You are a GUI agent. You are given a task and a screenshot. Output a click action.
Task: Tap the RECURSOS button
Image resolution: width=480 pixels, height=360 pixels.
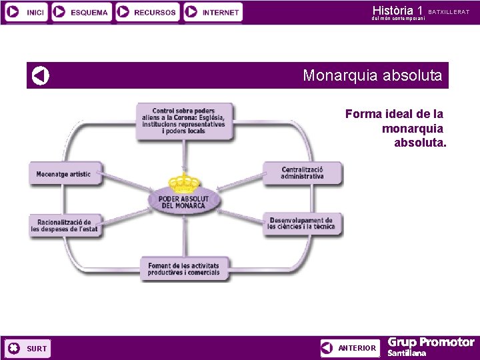[147, 12]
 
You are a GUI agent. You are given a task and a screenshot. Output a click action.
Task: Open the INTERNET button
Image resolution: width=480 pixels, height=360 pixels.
[213, 12]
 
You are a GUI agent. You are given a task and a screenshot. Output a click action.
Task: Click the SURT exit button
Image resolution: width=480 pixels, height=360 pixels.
[27, 348]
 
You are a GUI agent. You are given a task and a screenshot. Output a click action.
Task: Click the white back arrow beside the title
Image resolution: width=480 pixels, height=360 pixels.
[41, 76]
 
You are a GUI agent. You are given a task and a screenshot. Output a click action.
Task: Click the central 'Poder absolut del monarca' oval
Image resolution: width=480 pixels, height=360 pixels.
[183, 201]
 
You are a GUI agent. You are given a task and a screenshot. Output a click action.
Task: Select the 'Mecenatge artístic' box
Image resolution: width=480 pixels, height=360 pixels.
[64, 175]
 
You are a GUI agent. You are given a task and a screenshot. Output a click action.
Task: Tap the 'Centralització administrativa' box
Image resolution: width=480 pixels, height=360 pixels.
[302, 173]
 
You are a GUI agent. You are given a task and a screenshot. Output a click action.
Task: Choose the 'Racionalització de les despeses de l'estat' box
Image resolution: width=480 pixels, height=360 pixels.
[64, 225]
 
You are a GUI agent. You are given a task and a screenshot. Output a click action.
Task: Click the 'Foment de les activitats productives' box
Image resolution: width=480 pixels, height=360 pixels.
[183, 269]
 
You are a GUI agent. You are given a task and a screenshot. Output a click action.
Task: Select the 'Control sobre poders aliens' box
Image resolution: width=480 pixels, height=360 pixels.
[184, 121]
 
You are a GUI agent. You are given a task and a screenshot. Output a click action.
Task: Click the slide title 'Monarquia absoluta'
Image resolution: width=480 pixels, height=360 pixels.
[372, 76]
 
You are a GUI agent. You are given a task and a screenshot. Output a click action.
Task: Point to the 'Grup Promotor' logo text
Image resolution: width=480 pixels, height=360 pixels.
[431, 343]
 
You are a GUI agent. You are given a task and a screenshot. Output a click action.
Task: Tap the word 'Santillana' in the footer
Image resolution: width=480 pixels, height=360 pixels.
[407, 353]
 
